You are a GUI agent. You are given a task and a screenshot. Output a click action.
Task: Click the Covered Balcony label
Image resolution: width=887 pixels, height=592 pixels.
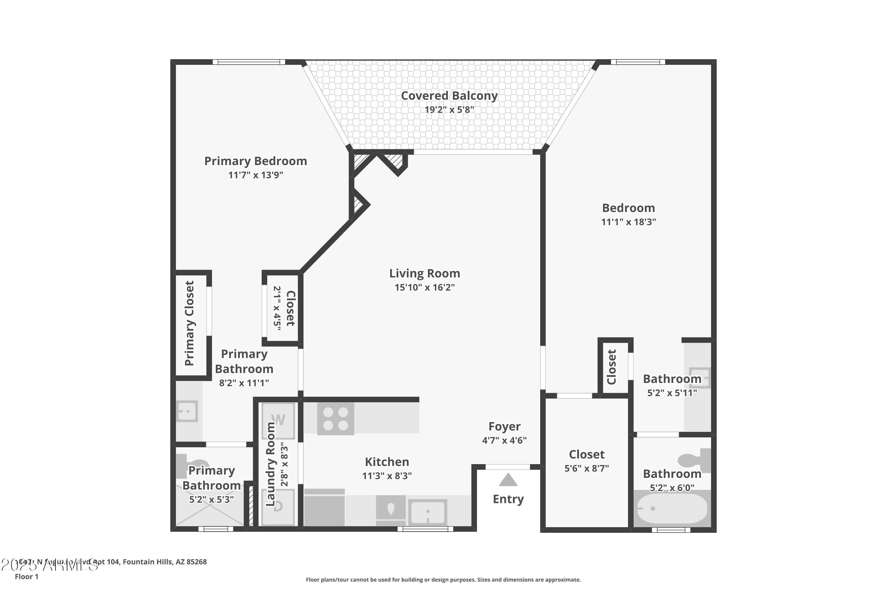coord(449,96)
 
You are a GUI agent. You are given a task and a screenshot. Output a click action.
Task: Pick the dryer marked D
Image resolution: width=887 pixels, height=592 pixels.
coord(278,507)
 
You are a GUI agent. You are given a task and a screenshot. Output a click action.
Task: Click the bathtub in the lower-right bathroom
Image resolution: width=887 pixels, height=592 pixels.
coord(672,508)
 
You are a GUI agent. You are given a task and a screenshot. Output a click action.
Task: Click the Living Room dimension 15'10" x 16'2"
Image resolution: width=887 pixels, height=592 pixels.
coord(425,287)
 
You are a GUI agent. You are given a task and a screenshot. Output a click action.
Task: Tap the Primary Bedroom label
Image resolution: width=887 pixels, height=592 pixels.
coord(256,161)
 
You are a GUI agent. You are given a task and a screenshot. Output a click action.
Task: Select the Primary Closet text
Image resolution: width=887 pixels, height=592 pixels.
coord(189,323)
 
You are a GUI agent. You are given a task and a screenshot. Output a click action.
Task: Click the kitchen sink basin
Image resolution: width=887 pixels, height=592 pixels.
coord(428,512)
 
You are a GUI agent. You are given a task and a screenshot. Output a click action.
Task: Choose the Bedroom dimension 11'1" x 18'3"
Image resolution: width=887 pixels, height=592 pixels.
coord(628,222)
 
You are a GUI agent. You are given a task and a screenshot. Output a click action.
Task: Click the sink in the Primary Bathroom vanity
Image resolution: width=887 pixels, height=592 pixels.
coord(187,411)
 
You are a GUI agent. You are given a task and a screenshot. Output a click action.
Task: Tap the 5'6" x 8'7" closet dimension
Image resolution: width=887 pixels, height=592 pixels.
coord(586,469)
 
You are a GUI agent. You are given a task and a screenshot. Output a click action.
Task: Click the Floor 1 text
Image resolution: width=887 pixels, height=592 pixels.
coord(26,577)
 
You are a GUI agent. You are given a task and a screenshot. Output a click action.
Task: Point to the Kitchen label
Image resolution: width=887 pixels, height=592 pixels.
coord(387,462)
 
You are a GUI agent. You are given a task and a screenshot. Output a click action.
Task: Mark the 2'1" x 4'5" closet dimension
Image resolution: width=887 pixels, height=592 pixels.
coord(277,308)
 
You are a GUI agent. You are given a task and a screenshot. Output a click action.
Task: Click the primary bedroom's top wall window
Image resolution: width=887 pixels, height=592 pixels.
coord(249,62)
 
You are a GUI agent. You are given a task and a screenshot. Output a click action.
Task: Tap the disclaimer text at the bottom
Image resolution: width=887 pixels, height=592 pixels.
coord(443,580)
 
